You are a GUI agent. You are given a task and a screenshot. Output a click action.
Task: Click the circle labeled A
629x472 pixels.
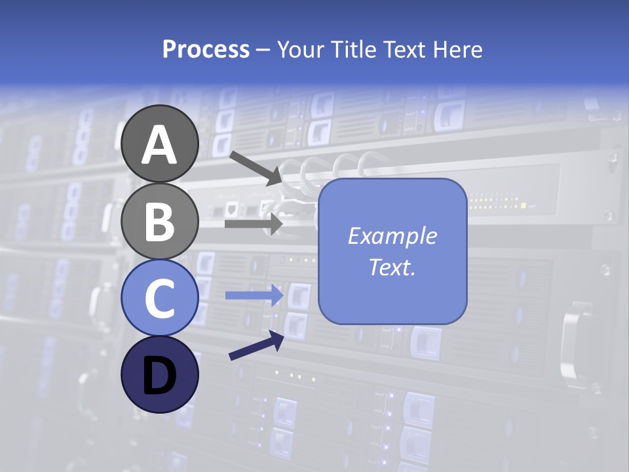[x=160, y=144]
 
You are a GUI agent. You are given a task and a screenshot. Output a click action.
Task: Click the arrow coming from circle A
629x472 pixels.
[x=256, y=168]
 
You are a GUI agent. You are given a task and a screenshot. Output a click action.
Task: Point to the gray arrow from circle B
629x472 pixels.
[x=253, y=224]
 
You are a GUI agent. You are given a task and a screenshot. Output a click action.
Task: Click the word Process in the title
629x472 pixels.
[x=206, y=49]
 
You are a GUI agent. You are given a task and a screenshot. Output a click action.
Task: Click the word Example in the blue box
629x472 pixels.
[x=392, y=236]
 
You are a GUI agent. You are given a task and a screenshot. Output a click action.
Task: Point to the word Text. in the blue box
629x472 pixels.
[x=392, y=267]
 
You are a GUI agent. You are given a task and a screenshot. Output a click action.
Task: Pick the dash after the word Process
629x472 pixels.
[x=263, y=50]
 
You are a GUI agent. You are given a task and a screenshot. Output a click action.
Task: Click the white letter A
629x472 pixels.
[x=160, y=145]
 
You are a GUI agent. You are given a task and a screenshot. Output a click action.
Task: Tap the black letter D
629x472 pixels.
[x=160, y=375]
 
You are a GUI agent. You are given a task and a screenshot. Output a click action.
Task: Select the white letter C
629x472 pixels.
[x=160, y=298]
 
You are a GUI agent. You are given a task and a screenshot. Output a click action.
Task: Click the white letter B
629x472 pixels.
[x=160, y=222]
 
